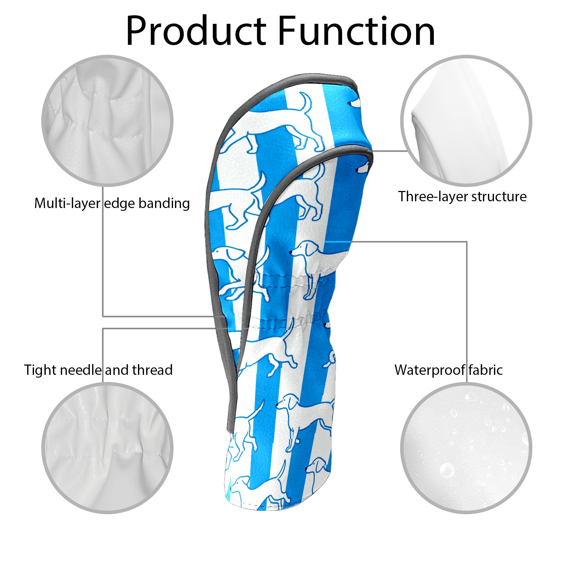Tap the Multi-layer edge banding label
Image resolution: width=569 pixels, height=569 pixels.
(x=112, y=203)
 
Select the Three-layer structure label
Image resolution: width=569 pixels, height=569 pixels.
(x=462, y=197)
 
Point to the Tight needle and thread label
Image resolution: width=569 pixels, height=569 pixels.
(x=98, y=370)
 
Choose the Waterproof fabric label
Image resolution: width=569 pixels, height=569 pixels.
(x=448, y=370)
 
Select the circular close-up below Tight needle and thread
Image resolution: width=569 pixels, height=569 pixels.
(x=107, y=448)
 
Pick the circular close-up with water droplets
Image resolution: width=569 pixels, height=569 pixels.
(x=466, y=448)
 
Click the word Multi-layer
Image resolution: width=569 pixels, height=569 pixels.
(x=67, y=203)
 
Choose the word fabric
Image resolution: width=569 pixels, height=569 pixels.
(x=485, y=370)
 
